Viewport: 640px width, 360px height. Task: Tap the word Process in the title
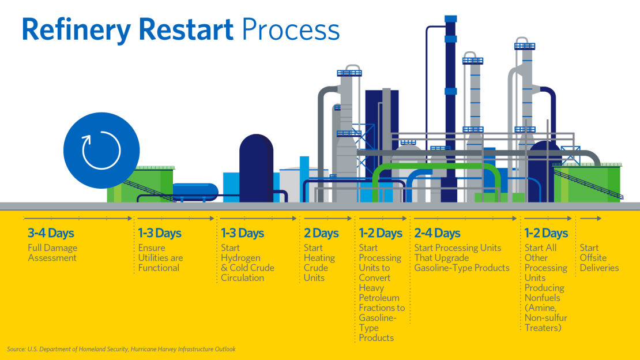291,29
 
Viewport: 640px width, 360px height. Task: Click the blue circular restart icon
101,151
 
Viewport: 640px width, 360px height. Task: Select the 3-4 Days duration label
51,234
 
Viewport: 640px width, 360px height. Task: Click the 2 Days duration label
321,234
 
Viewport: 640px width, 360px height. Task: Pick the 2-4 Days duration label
437,234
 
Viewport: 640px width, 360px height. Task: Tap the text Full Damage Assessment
52,253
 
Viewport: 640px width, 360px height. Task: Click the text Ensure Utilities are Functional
160,258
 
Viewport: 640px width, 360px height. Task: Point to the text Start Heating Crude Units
319,262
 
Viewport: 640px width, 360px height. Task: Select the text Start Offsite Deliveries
599,258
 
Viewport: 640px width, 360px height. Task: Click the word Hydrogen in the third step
240,258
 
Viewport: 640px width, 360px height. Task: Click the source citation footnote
121,349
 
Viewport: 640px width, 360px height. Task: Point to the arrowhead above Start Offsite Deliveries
599,219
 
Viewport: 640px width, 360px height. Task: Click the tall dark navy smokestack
451,104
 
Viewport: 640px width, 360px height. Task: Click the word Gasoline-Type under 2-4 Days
442,268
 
